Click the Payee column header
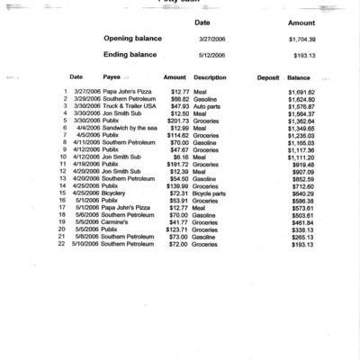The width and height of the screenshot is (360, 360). (112, 77)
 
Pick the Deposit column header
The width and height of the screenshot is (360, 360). (267, 77)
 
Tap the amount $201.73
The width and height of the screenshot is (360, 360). (176, 121)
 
